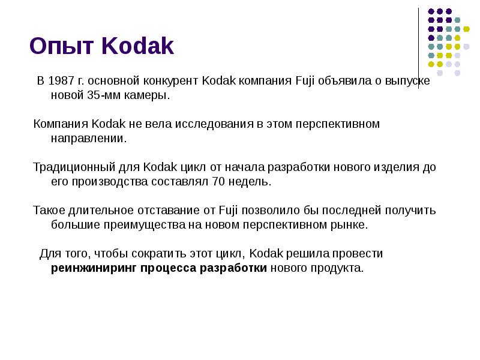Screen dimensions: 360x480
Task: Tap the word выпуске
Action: [409, 80]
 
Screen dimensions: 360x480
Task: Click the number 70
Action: [219, 181]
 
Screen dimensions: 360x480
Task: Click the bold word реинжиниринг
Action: [94, 268]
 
